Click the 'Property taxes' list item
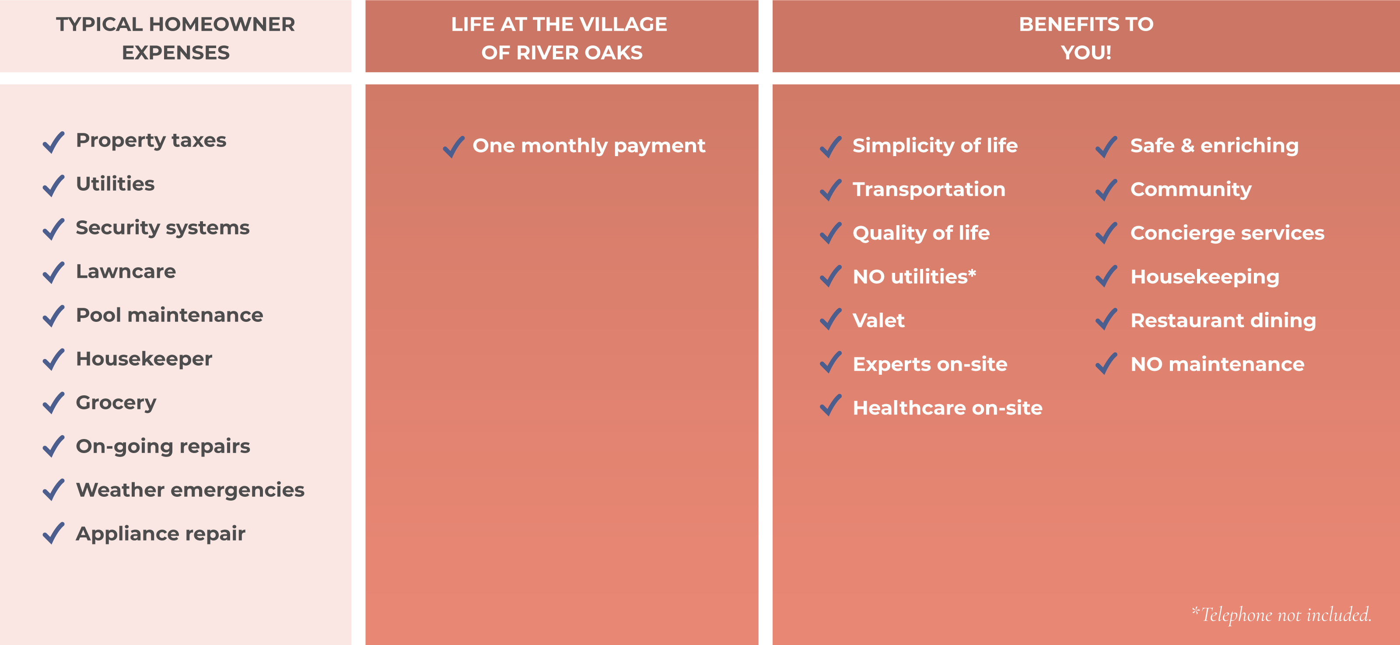[x=151, y=140]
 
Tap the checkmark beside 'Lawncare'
[x=54, y=272]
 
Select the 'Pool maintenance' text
[x=170, y=315]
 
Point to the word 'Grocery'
[x=116, y=403]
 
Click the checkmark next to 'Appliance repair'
[x=54, y=533]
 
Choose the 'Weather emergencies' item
[x=190, y=490]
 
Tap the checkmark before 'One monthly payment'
[x=454, y=147]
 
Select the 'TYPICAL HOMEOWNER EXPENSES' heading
[x=175, y=38]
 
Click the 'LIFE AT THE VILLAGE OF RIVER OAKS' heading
[x=560, y=38]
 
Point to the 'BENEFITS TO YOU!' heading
[x=1086, y=38]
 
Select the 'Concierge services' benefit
[x=1228, y=233]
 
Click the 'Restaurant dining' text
[x=1223, y=321]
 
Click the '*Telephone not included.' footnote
[x=1281, y=614]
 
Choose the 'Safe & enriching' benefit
[x=1214, y=146]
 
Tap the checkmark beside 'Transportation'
[x=831, y=190]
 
